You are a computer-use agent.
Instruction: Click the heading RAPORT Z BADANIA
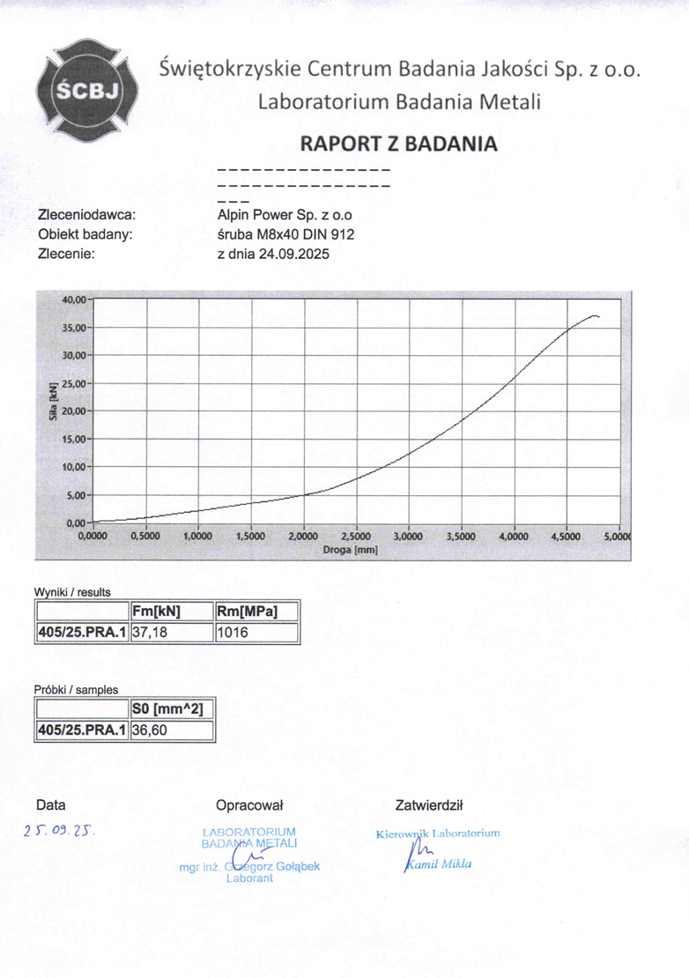coord(399,144)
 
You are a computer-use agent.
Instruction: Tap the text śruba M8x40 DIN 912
coord(285,233)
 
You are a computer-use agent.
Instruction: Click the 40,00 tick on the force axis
coord(73,300)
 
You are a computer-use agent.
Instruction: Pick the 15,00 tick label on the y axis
coord(73,439)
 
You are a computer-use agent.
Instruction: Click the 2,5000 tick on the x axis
coord(355,536)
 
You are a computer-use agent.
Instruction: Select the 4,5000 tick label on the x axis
coord(566,536)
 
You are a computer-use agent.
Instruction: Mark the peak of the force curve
coord(595,315)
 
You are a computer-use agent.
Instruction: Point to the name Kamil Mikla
coord(439,863)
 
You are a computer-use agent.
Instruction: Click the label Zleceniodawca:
coord(85,214)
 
